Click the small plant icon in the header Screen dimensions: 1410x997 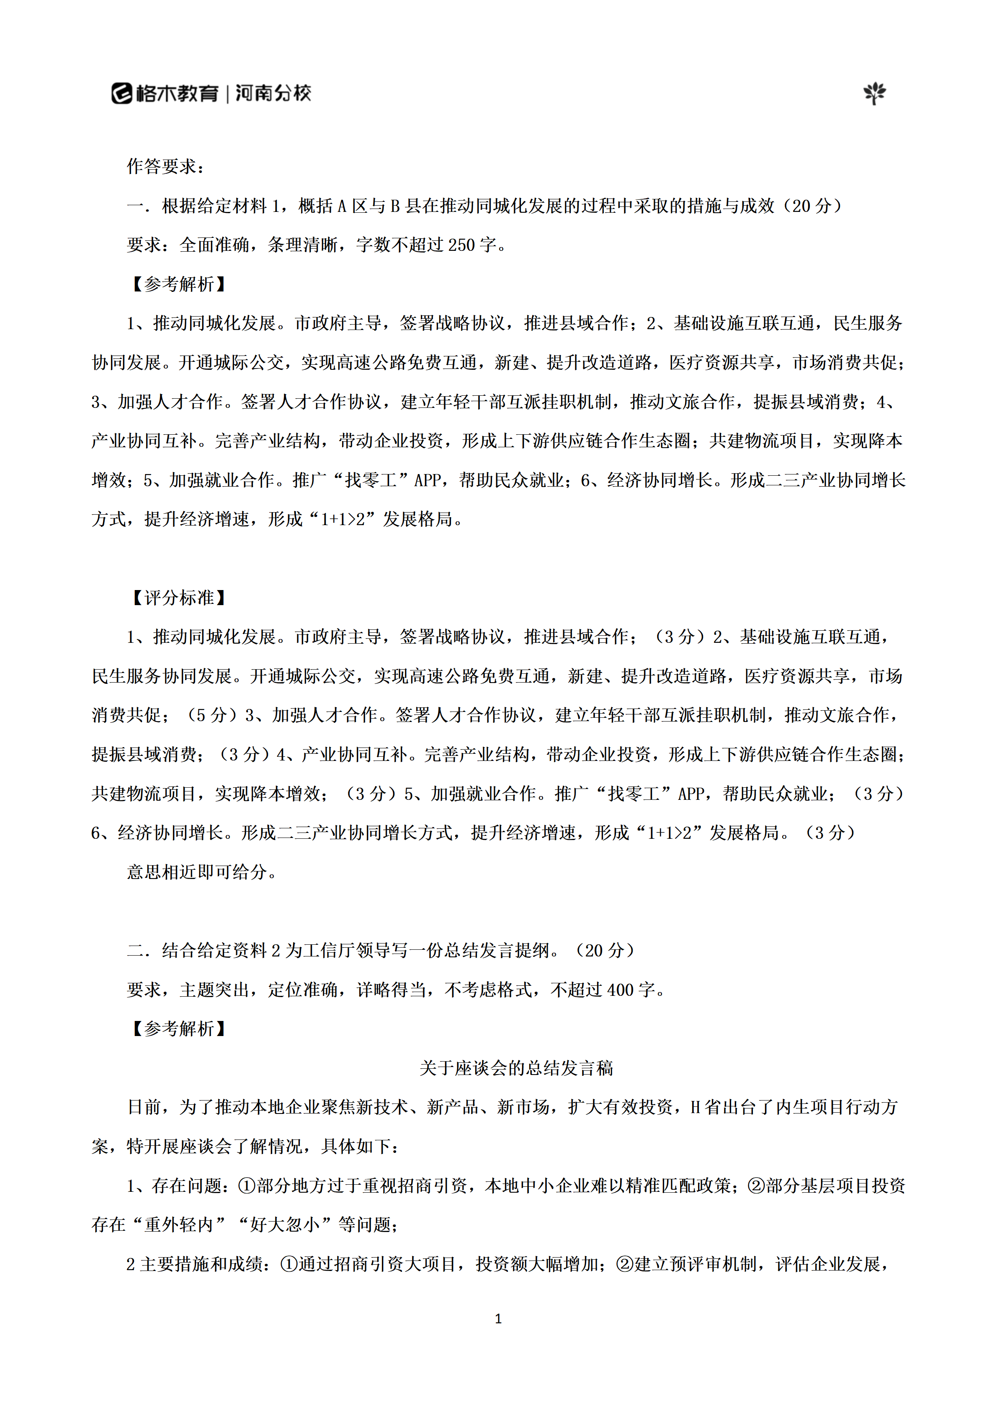tap(874, 93)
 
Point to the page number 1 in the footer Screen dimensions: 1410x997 tap(498, 1318)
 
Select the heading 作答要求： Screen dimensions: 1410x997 tap(166, 166)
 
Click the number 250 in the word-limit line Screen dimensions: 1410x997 tap(461, 245)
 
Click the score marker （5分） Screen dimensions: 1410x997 tap(211, 715)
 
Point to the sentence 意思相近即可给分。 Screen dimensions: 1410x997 tap(203, 872)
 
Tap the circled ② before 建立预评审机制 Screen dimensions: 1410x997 tap(624, 1264)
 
